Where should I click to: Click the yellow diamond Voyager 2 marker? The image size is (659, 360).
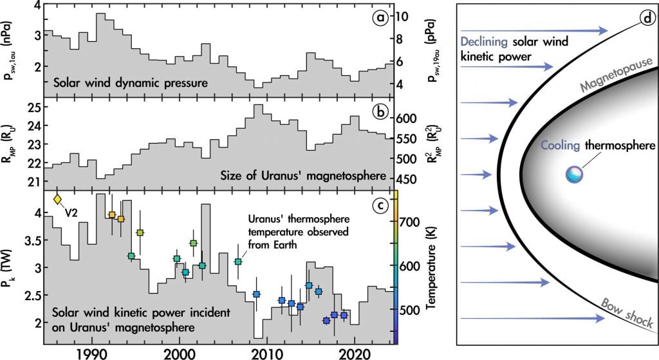click(57, 200)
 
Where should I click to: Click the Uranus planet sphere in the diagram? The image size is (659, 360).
click(573, 174)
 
